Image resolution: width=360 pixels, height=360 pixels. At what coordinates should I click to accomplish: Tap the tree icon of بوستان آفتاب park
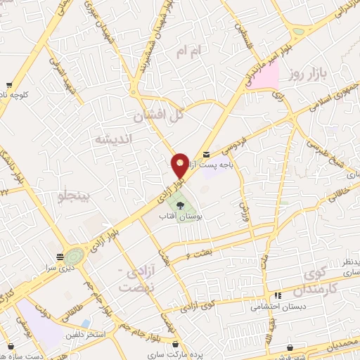[181, 206]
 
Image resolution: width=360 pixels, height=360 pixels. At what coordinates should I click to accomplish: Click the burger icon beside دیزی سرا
[60, 256]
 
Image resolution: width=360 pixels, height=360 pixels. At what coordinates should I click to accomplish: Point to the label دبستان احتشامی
[278, 307]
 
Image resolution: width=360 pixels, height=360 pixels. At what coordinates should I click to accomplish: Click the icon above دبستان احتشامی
[279, 296]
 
